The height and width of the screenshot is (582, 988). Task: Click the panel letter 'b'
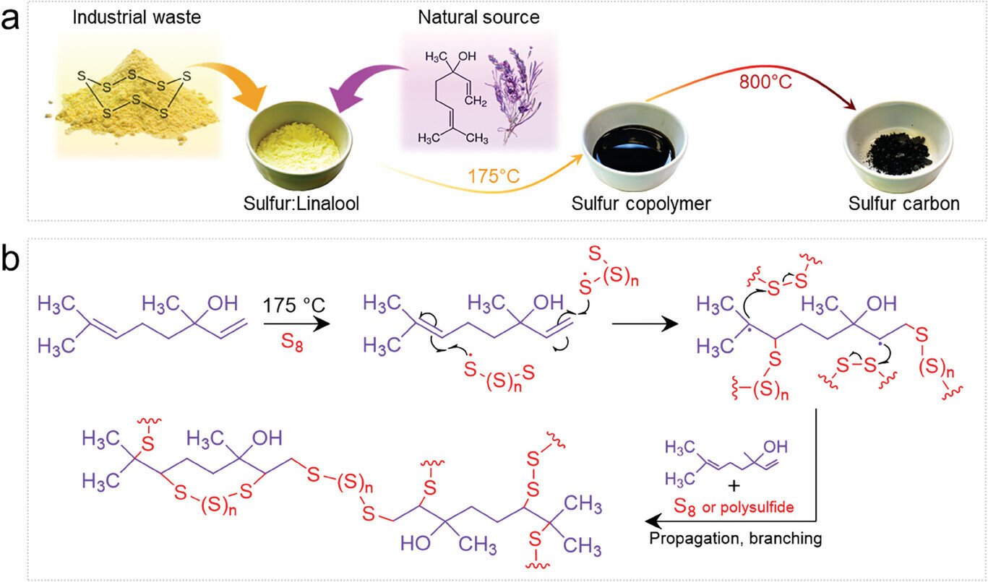(10, 259)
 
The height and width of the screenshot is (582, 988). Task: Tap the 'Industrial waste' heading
(137, 17)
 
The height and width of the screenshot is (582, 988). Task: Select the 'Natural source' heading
(478, 17)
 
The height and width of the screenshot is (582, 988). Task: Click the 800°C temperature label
(765, 82)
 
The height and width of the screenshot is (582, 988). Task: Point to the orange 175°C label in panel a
(494, 176)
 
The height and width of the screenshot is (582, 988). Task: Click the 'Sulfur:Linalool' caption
(301, 204)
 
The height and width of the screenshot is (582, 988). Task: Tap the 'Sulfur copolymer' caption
(641, 204)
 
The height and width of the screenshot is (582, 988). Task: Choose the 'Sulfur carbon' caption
(903, 204)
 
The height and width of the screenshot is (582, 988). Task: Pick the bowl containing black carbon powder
(898, 145)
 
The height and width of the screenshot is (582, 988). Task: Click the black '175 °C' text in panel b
(293, 305)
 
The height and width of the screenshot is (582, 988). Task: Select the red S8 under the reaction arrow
(292, 342)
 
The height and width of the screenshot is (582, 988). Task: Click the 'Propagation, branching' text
(736, 539)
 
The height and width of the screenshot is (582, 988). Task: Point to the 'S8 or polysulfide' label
(734, 507)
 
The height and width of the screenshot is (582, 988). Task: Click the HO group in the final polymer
(416, 544)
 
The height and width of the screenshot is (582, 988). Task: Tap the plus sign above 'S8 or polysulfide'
(734, 486)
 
